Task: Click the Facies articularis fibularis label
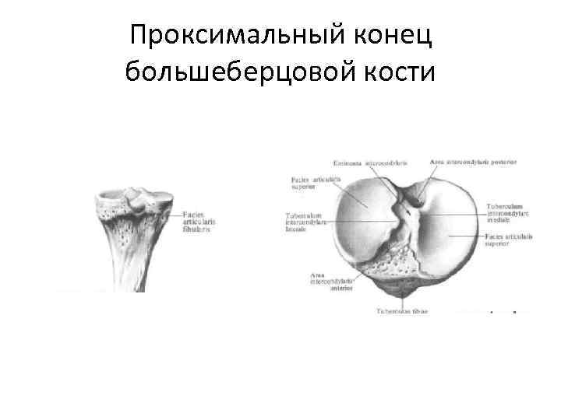coord(199,222)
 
